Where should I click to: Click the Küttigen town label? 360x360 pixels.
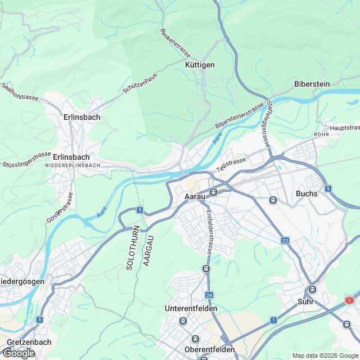click(200, 65)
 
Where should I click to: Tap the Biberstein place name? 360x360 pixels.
click(312, 84)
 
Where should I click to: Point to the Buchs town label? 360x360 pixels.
click(307, 193)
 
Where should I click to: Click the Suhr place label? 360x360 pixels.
click(305, 301)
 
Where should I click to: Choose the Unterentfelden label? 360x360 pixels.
click(191, 309)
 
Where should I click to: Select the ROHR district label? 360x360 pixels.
click(321, 135)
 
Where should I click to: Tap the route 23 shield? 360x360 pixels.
click(286, 241)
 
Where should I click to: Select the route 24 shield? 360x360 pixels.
click(209, 295)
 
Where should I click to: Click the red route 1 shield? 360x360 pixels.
click(349, 300)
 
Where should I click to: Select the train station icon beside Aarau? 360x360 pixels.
click(214, 192)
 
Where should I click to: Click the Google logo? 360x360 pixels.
click(18, 353)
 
